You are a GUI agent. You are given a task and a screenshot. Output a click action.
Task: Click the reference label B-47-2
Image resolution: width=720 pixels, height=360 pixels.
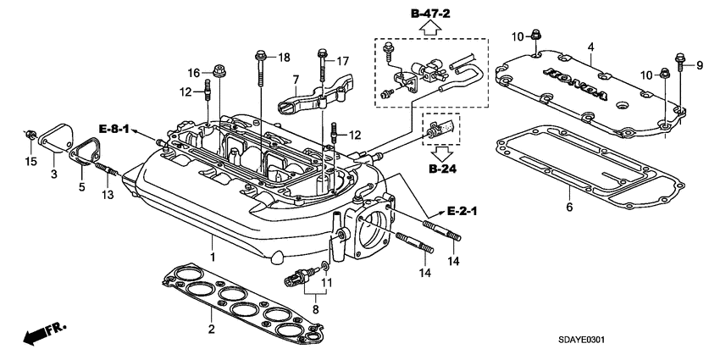(430, 13)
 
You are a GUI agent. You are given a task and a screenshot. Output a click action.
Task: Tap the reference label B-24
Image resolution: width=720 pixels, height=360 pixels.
(443, 169)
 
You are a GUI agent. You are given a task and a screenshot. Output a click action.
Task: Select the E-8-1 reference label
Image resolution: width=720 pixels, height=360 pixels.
(114, 128)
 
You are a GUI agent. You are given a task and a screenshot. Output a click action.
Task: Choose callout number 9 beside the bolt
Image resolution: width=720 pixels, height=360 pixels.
(701, 64)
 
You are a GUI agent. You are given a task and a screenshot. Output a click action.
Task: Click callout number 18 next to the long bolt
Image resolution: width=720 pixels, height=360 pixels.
(285, 57)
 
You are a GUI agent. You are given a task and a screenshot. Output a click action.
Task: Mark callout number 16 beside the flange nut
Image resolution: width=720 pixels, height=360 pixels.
(193, 72)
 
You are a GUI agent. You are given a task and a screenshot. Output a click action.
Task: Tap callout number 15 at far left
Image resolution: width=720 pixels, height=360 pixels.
(30, 162)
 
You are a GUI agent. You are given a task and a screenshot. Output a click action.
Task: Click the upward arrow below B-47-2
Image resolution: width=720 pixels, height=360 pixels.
(430, 28)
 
